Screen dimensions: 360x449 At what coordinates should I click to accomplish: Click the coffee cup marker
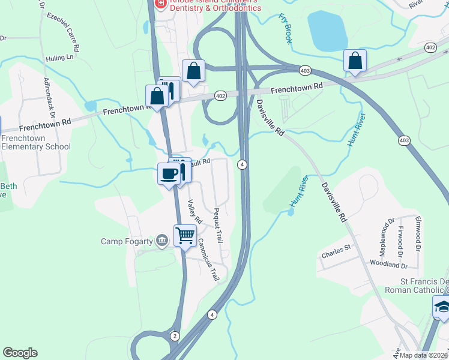(169, 174)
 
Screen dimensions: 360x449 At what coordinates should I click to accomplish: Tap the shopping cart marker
(185, 236)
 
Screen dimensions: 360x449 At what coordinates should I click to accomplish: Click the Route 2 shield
(175, 335)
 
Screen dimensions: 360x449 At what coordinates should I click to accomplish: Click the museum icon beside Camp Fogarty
(161, 241)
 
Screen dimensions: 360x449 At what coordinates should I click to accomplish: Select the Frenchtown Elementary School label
(35, 142)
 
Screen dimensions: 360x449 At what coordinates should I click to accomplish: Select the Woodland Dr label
(388, 265)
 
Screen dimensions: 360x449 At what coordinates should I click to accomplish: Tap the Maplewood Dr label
(385, 235)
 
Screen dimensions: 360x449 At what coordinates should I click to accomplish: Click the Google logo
(20, 353)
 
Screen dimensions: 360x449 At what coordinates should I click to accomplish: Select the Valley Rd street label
(193, 212)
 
